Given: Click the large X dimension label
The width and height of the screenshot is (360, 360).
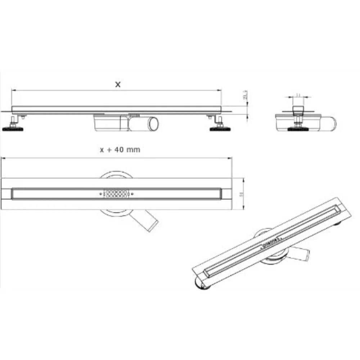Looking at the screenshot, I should pyautogui.click(x=118, y=84).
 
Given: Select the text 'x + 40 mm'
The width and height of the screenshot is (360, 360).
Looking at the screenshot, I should pyautogui.click(x=120, y=150).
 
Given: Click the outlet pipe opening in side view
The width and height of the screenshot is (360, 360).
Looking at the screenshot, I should pyautogui.click(x=154, y=124).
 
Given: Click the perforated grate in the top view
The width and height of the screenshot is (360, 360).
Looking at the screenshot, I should pyautogui.click(x=116, y=194).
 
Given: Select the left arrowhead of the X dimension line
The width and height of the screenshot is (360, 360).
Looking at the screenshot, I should pyautogui.click(x=14, y=91).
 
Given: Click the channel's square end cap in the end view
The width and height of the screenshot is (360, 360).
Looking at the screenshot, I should pyautogui.click(x=298, y=109).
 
